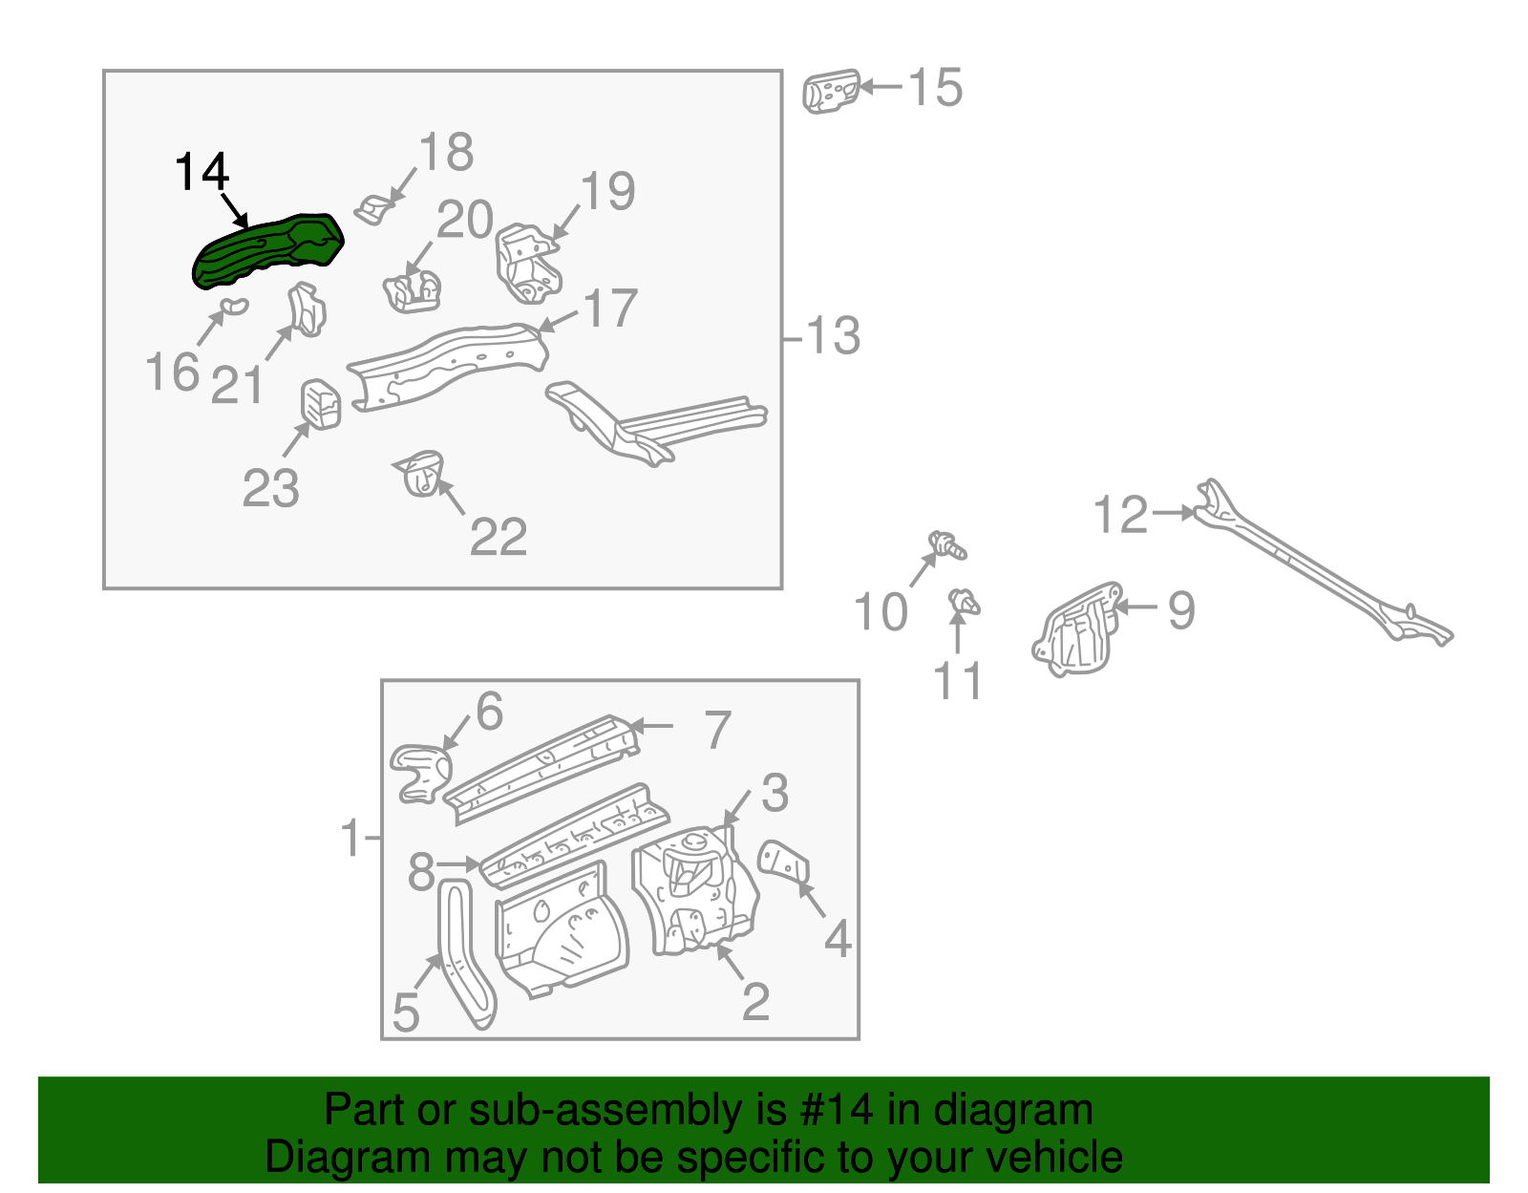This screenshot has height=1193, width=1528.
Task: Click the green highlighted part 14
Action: click(267, 250)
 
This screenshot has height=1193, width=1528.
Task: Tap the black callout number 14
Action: click(202, 172)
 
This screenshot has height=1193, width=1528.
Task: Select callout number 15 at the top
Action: click(934, 88)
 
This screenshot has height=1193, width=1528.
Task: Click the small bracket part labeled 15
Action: click(831, 91)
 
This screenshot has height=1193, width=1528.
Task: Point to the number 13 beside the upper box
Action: click(833, 336)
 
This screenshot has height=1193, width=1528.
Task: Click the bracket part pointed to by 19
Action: click(526, 263)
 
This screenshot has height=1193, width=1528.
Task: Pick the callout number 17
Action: click(609, 309)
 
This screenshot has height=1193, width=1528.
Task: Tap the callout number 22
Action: click(498, 537)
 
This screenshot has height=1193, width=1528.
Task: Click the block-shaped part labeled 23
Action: click(322, 404)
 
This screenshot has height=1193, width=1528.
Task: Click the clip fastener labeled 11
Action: click(965, 604)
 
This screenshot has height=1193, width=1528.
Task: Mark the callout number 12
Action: click(1119, 515)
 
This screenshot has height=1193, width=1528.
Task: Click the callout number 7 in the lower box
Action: click(717, 730)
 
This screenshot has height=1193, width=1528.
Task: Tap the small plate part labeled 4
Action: click(784, 863)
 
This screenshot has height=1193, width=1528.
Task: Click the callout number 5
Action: click(406, 1012)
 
